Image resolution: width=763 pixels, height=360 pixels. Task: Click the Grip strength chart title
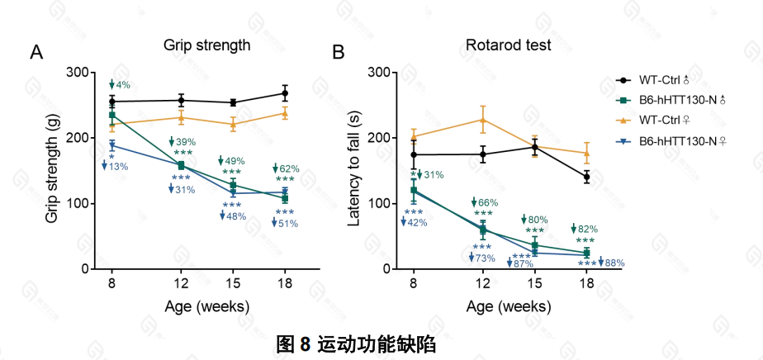click(x=206, y=45)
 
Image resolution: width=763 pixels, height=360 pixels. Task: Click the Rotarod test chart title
click(x=509, y=45)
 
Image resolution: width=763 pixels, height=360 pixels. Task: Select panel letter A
click(x=36, y=53)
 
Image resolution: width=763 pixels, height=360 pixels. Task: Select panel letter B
click(x=338, y=53)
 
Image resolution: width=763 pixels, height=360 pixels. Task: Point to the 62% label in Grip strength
click(x=288, y=169)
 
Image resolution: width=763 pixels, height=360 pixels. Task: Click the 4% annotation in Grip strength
click(x=123, y=85)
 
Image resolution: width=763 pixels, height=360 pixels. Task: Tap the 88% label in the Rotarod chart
click(x=614, y=263)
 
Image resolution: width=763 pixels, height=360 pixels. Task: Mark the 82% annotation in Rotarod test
click(x=587, y=229)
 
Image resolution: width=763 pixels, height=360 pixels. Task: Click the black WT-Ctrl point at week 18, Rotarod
click(x=586, y=177)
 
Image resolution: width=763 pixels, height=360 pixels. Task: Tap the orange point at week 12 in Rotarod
click(x=483, y=120)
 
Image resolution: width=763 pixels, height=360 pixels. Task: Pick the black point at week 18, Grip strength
click(x=285, y=93)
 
